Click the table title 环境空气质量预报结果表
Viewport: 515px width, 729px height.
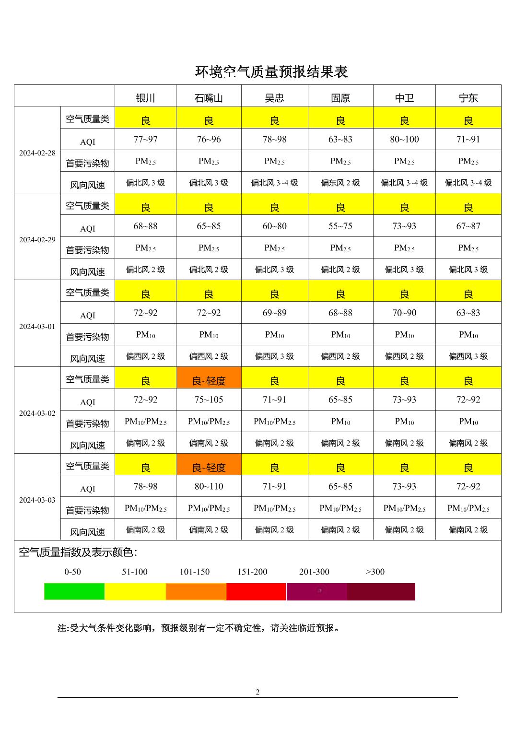click(x=271, y=72)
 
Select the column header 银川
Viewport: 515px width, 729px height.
click(x=145, y=98)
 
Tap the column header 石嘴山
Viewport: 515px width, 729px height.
click(x=209, y=98)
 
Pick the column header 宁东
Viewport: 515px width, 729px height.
click(x=468, y=98)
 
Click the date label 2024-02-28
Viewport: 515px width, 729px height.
click(x=37, y=153)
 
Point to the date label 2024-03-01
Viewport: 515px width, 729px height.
click(x=37, y=327)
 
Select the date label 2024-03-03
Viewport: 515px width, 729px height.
click(x=37, y=500)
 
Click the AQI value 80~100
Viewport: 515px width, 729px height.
click(x=404, y=140)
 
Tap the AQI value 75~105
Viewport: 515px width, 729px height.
click(x=209, y=400)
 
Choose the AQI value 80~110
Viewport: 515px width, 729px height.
click(x=209, y=486)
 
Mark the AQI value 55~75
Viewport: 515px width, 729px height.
click(x=340, y=226)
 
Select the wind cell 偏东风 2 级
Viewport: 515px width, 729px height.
click(x=340, y=183)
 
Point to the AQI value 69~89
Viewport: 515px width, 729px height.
click(x=274, y=313)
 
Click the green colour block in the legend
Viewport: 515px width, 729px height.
click(x=74, y=591)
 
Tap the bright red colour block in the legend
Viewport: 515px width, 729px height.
click(x=256, y=591)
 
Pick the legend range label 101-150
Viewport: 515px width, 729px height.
click(x=195, y=572)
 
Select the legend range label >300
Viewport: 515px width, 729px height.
click(x=375, y=572)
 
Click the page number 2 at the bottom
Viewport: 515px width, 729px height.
click(x=257, y=692)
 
